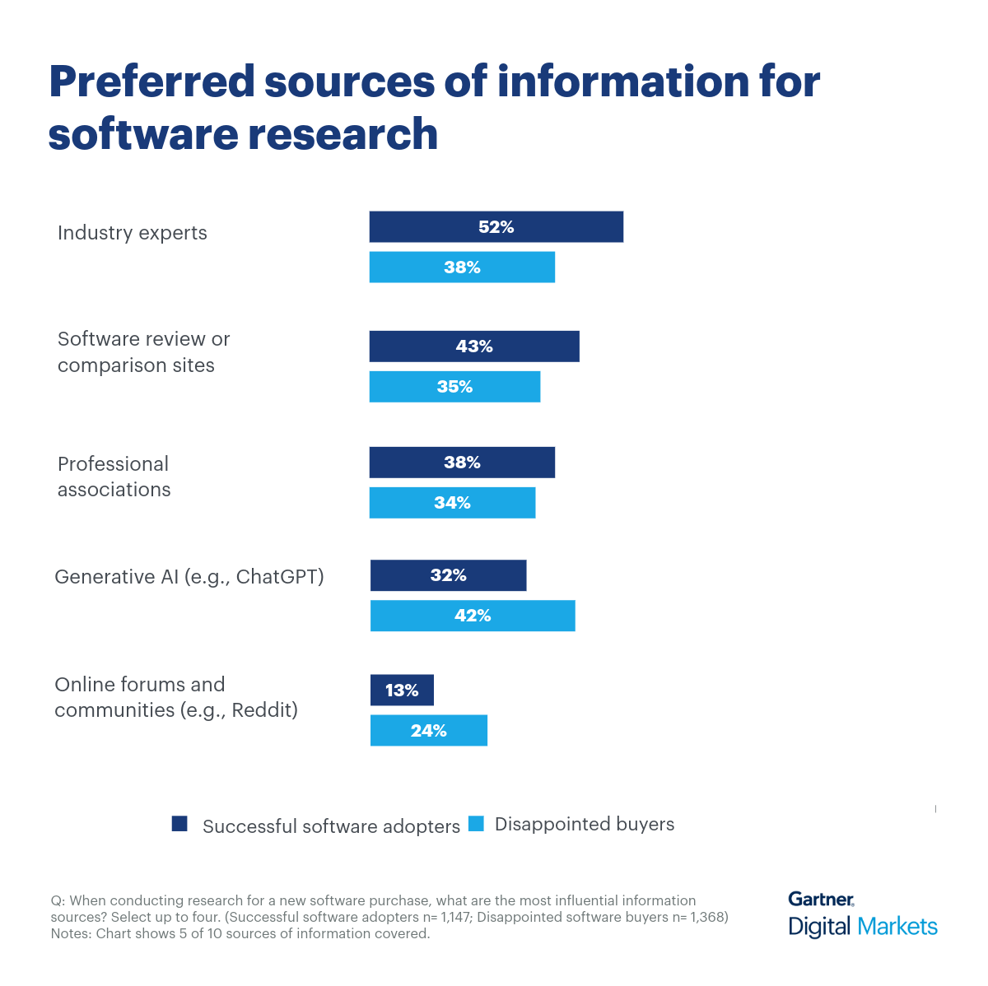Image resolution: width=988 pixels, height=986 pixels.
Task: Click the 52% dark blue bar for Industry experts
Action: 496,227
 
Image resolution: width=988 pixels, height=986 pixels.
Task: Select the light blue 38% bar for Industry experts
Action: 462,267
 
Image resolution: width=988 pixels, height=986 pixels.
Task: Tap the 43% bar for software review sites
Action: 474,346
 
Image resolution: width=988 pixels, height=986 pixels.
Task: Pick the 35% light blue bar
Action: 454,387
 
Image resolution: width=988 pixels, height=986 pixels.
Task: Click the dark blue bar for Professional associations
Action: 462,463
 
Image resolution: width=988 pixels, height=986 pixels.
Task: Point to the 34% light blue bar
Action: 452,503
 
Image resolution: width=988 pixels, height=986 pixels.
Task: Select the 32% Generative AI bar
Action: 448,575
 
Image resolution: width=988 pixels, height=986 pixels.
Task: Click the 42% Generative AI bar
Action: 473,616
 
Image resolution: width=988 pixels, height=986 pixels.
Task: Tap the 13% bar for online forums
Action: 402,691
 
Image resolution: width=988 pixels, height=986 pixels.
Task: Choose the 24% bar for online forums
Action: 428,731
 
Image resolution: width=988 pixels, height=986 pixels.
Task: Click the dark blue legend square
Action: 179,824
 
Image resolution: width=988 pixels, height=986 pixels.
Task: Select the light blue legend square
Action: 476,824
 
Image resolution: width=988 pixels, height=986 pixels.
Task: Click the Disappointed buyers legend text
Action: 585,825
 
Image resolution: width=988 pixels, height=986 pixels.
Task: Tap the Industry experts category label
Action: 133,233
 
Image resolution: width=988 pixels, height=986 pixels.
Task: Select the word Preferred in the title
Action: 152,81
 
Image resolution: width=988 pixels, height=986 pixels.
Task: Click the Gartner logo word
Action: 820,900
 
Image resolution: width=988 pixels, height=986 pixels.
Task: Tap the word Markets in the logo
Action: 897,927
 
